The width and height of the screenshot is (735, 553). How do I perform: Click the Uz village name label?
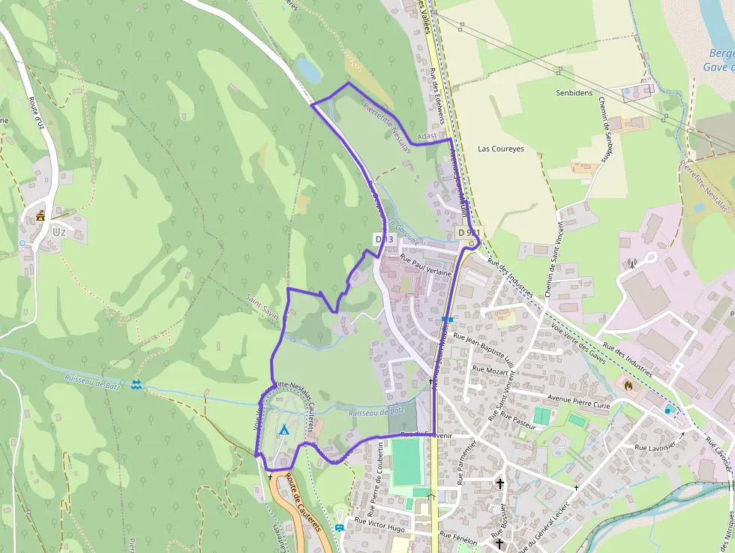(59, 232)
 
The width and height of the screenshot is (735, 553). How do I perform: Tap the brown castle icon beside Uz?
(40, 216)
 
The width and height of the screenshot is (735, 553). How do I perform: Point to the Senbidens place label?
(574, 94)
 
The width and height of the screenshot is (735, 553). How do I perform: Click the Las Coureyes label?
(501, 149)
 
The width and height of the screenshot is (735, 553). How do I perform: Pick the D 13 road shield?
(383, 239)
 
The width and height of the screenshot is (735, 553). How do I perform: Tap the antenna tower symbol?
(631, 263)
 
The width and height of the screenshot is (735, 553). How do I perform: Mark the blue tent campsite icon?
(283, 430)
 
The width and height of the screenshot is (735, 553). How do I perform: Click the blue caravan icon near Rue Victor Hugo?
(340, 527)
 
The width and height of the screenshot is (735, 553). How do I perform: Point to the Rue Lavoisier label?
(656, 447)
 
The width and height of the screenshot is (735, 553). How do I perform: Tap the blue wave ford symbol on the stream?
(136, 385)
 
